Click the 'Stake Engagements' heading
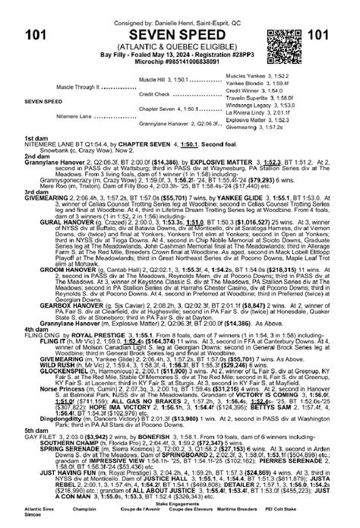[179, 503]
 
